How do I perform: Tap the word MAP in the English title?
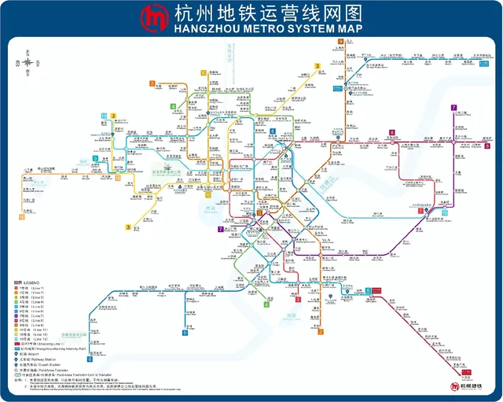(347, 29)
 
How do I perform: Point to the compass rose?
(28, 61)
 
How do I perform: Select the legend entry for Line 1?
(31, 289)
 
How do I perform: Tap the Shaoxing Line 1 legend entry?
(43, 343)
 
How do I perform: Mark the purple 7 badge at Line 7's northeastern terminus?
(453, 107)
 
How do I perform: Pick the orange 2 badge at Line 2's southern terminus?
(320, 330)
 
